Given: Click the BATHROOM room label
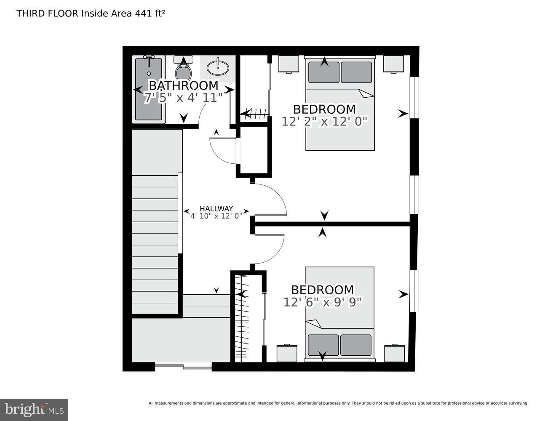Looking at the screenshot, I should click(x=183, y=85).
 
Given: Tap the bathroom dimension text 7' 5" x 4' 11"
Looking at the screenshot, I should click(x=183, y=98).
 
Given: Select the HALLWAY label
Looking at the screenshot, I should click(x=216, y=208).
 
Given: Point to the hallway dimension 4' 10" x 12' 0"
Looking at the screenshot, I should click(x=216, y=216).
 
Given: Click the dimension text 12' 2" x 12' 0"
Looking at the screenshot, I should click(x=324, y=122).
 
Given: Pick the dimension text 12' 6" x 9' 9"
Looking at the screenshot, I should click(x=323, y=302).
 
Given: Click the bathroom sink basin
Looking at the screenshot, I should click(x=218, y=67).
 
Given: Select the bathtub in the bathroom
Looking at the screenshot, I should click(x=148, y=89).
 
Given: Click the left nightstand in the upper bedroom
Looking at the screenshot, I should click(x=289, y=64).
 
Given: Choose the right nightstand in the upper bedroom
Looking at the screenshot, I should click(x=393, y=64).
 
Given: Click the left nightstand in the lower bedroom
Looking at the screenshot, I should click(x=287, y=354).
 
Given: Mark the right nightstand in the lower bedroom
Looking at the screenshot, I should click(x=395, y=354).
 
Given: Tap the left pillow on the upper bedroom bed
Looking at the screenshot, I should click(x=323, y=72).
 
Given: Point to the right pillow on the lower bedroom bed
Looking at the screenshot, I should click(x=356, y=345).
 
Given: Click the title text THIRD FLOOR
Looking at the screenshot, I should click(x=47, y=13).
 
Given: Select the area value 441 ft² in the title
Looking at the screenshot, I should click(x=150, y=13).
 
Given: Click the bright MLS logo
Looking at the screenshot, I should click(x=34, y=409).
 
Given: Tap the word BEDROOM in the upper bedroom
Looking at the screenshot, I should click(x=324, y=109).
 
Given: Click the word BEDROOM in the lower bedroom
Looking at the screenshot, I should click(x=323, y=290).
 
